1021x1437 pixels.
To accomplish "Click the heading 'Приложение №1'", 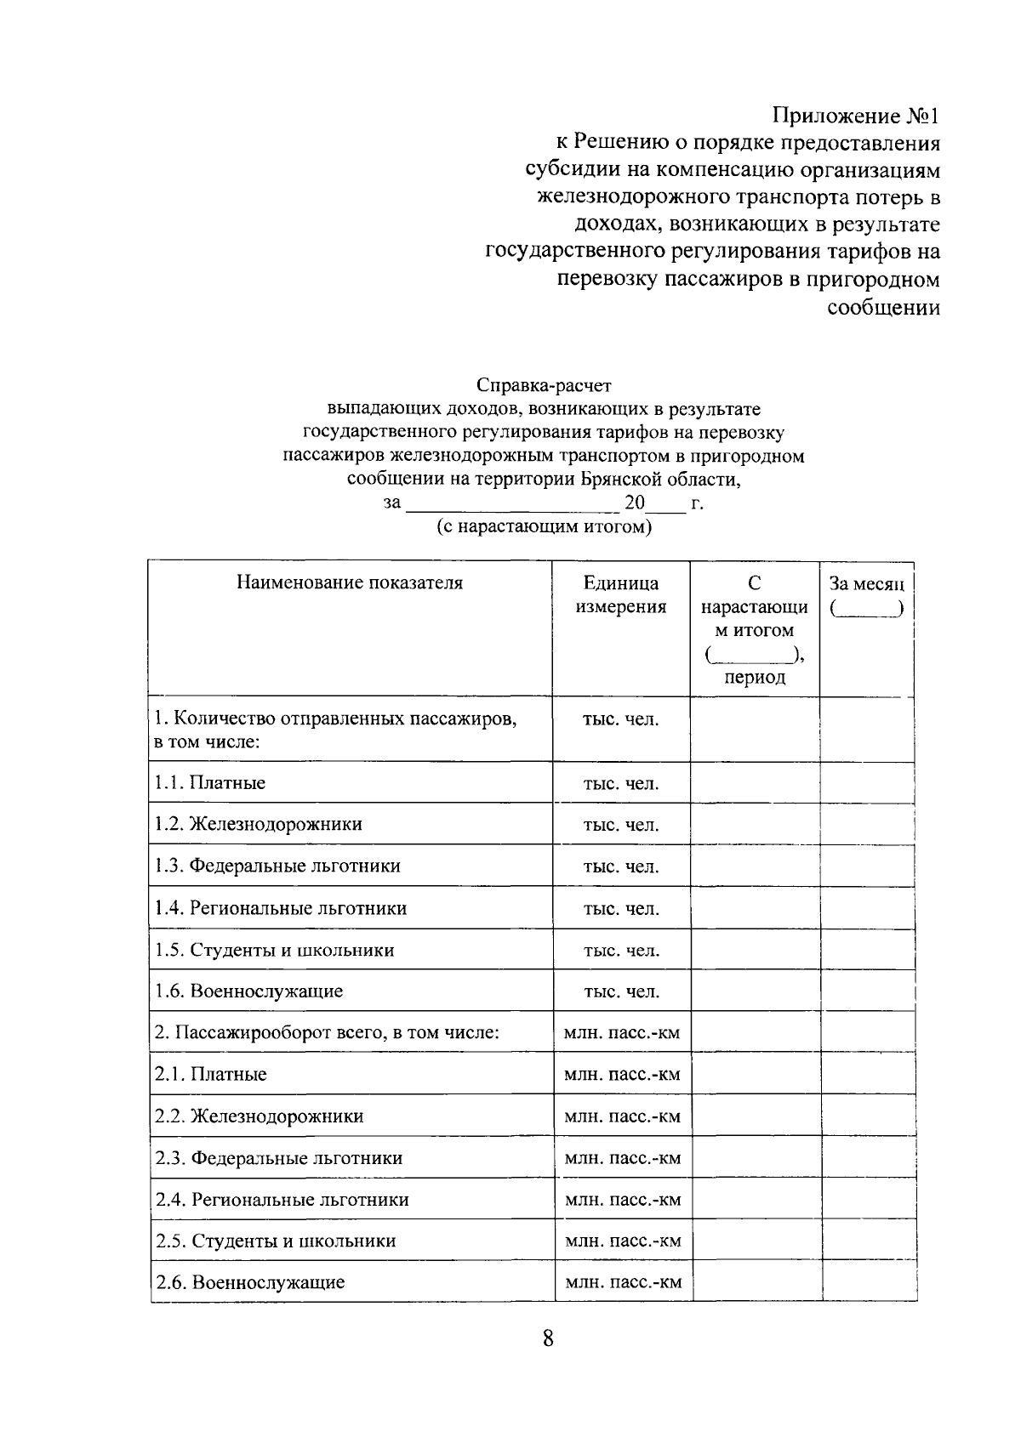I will (857, 116).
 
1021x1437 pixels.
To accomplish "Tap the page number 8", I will (548, 1339).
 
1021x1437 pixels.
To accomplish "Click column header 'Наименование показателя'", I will (350, 583).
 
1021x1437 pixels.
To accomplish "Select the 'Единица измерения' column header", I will (621, 595).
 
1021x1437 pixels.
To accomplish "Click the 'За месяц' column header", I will (866, 584).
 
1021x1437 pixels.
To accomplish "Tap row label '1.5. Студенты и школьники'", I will (275, 951).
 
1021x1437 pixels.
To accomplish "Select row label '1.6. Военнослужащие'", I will (248, 991).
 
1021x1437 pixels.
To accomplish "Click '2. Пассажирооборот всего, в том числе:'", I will (327, 1033).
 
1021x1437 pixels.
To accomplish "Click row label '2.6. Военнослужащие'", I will (250, 1282).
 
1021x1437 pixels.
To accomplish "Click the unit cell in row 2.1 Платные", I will (622, 1075).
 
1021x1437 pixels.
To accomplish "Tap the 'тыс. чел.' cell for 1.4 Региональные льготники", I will (621, 909).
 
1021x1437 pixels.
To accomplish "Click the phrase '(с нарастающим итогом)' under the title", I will (545, 527).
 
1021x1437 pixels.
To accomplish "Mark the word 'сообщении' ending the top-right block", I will (884, 307).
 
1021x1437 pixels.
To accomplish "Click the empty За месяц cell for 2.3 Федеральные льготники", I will (868, 1158).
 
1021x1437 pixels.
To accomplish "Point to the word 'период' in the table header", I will (755, 678).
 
